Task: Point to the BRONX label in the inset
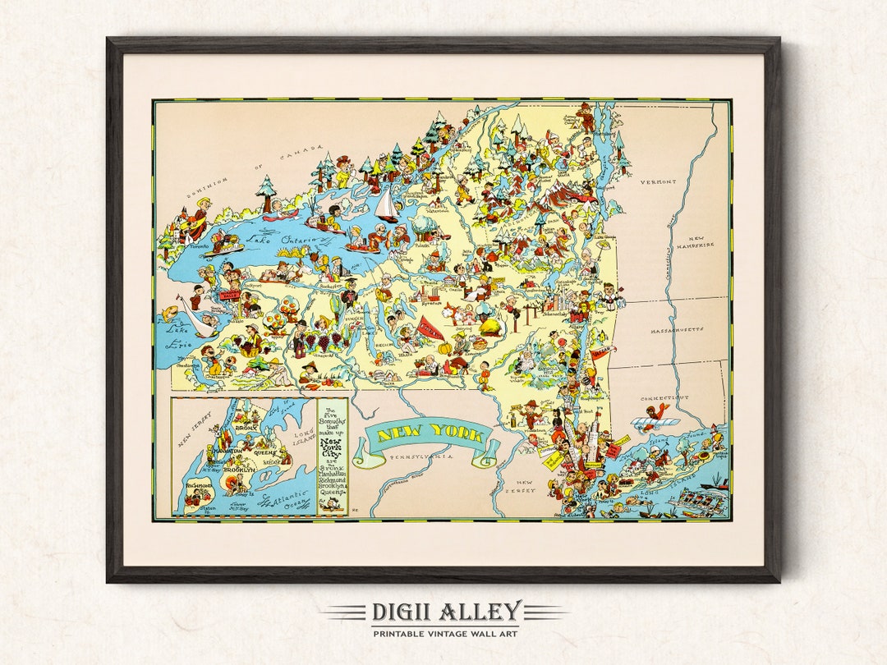(248, 428)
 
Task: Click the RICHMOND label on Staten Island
(201, 485)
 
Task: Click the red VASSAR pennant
(602, 354)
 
